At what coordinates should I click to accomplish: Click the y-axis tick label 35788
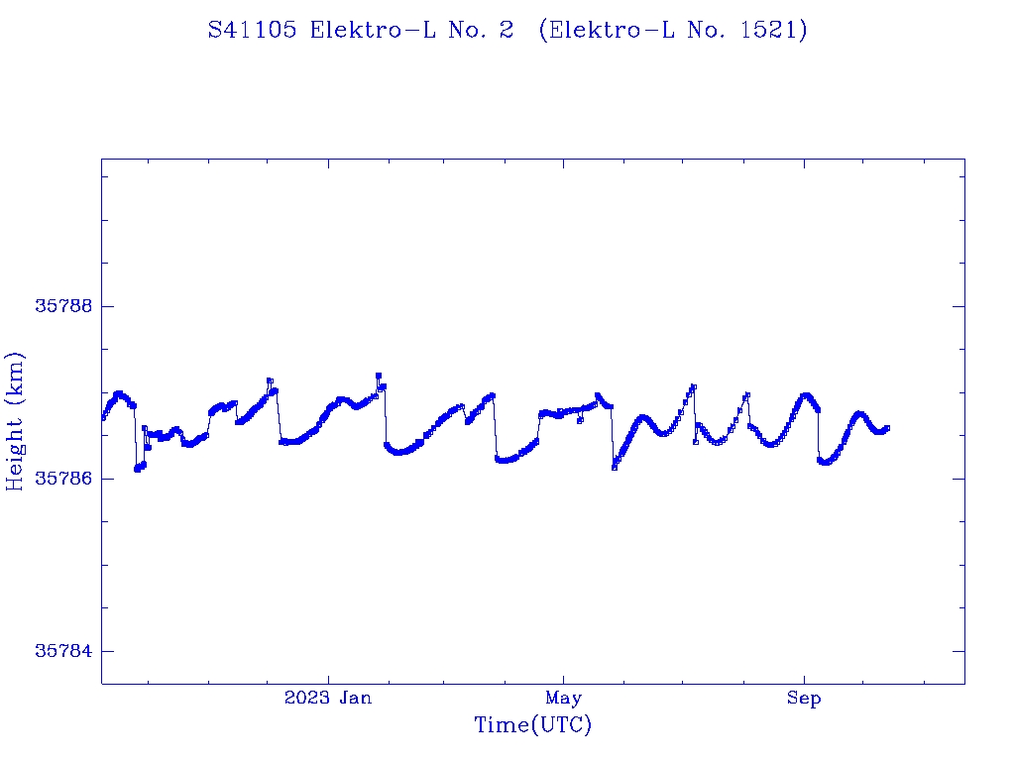63,306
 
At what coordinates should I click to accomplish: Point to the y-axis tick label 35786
63,479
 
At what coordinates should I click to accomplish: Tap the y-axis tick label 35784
63,651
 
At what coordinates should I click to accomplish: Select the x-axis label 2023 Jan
328,699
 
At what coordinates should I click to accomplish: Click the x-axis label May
563,699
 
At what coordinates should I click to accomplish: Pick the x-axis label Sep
804,699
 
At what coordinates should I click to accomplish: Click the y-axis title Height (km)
15,421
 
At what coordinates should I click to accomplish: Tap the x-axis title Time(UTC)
532,725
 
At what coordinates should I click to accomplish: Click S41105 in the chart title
253,30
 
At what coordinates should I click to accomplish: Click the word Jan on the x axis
354,699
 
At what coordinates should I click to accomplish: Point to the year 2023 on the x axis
306,699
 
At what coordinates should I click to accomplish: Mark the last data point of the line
887,428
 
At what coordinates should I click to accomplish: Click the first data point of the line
103,417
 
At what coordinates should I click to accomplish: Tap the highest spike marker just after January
379,376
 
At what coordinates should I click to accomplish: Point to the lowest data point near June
615,467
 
